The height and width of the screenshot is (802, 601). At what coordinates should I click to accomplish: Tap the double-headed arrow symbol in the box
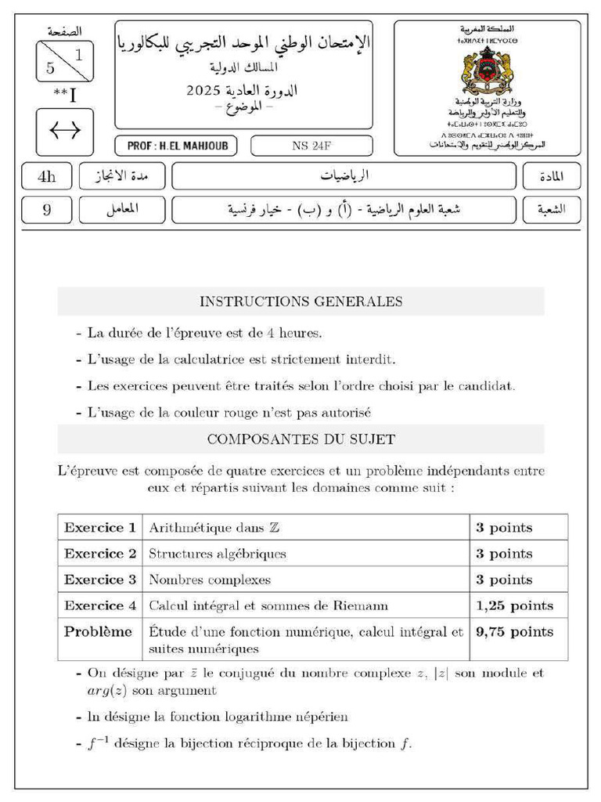coord(65,132)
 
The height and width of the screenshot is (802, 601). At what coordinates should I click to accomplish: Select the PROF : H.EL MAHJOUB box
coord(177,146)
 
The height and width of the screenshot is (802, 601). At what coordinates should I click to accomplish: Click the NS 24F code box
coord(300,146)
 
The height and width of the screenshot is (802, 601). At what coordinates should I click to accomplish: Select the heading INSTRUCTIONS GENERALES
coord(300,302)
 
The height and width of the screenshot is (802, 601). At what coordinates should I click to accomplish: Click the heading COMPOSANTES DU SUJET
coord(300,439)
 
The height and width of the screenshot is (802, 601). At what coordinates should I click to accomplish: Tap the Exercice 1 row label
coord(99,528)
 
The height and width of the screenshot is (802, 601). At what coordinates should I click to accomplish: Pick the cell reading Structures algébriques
coord(218,554)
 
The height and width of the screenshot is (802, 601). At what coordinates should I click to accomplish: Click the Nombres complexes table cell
coord(210,580)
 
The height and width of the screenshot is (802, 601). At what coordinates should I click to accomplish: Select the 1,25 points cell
coord(514,606)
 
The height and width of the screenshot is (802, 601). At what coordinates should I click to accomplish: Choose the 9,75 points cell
coord(514,632)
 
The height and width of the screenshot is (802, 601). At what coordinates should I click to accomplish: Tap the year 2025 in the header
coord(205,91)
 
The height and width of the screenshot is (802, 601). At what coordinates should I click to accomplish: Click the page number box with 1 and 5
coord(65,61)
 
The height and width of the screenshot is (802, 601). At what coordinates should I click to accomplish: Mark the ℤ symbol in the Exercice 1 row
coord(274,528)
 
